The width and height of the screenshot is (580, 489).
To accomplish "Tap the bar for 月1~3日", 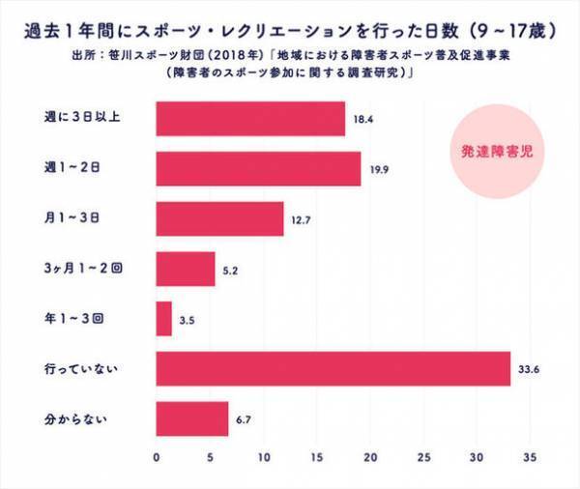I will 219,218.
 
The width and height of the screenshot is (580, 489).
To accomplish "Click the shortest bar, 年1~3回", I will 163,319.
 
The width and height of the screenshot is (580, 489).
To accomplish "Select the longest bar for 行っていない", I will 333,369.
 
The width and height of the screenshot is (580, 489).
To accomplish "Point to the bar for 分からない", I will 191,419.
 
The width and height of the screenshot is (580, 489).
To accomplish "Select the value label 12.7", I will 299,219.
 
